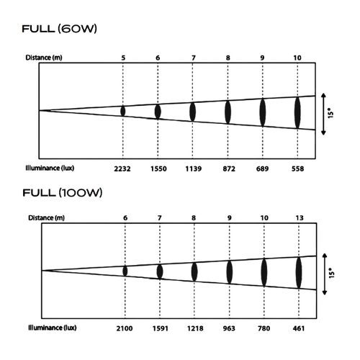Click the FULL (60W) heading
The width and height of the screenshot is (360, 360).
pos(60,29)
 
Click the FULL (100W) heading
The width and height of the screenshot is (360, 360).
pos(63,193)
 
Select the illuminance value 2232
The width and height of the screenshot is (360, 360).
pos(122,169)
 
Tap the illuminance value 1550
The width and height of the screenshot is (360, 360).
pos(158,169)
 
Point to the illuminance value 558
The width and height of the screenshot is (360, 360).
pos(297,169)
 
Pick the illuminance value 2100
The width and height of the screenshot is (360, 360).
pos(125,328)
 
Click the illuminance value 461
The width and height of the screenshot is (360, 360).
pos(299,328)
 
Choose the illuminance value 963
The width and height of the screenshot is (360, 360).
pos(229,328)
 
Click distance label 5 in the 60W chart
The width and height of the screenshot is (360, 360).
pos(123,58)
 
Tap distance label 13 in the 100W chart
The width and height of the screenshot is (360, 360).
pos(300,218)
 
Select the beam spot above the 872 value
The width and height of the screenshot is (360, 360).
pos(228,112)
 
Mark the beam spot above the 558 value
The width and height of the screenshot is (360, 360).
pos(297,112)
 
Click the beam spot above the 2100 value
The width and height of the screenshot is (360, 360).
pos(125,271)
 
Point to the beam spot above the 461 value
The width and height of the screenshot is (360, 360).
pos(299,273)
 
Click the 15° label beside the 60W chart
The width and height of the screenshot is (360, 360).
pos(330,113)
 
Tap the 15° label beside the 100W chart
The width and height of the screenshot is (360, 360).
pos(332,273)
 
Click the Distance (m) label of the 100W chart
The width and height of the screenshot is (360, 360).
pos(46,218)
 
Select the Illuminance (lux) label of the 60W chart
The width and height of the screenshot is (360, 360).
pos(50,168)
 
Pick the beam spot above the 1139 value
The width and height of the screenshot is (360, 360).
pos(192,112)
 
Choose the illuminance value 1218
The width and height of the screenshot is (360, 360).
pos(195,328)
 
